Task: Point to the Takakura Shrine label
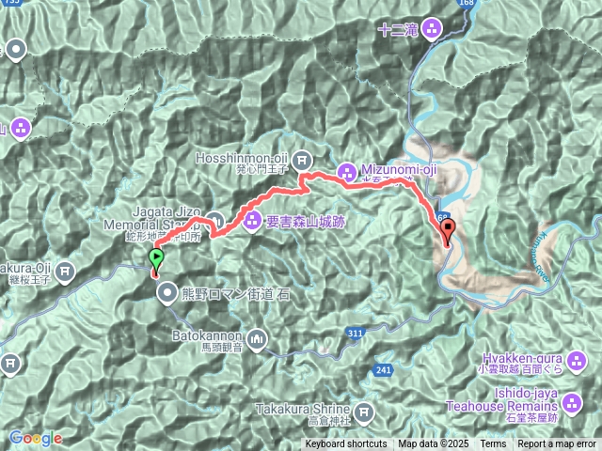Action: click(303, 409)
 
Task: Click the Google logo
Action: click(35, 438)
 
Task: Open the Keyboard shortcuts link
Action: click(345, 444)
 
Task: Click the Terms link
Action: click(493, 444)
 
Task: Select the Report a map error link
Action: click(557, 444)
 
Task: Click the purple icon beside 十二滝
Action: click(432, 28)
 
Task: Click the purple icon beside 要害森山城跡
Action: click(253, 222)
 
